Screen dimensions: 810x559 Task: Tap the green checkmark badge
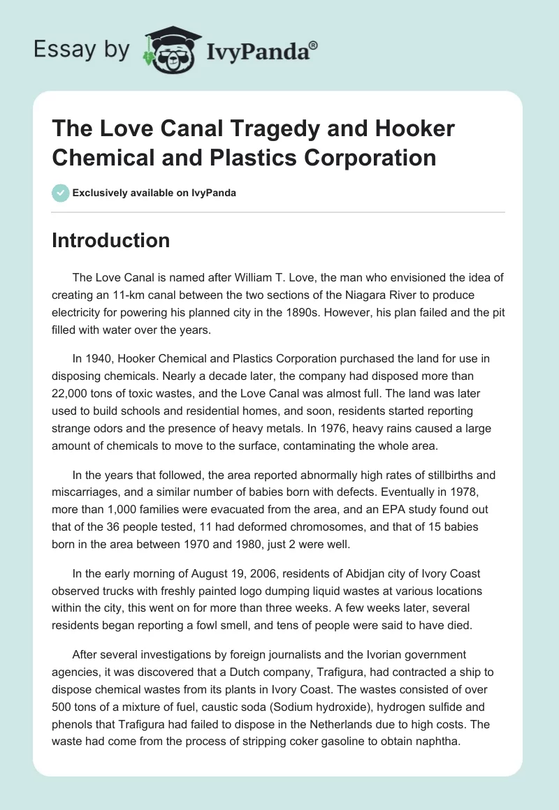60,193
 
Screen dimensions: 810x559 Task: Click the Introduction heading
111,240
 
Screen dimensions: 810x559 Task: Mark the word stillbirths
434,475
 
